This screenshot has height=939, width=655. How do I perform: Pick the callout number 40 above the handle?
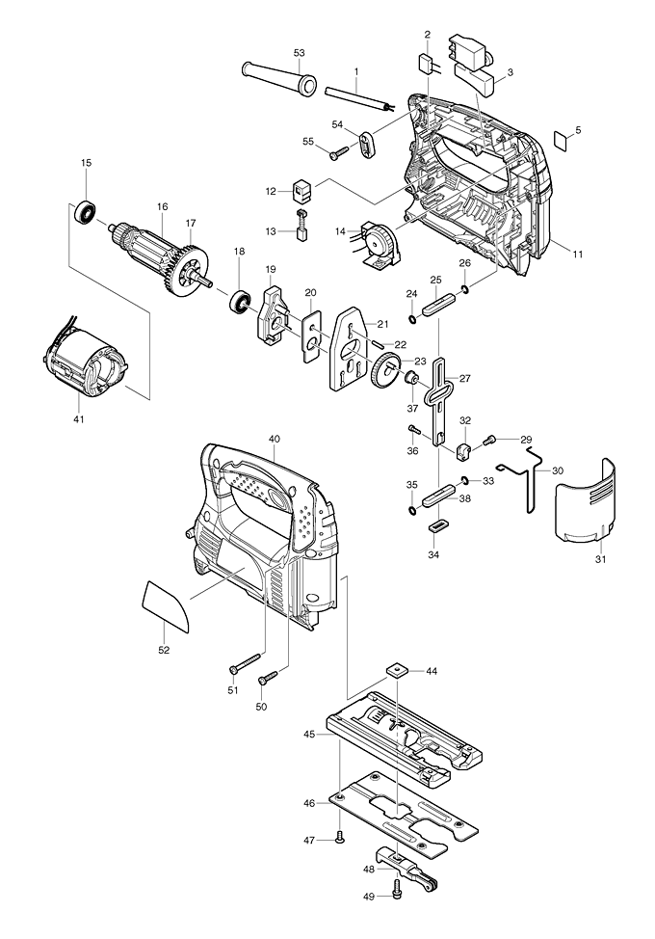tap(275, 440)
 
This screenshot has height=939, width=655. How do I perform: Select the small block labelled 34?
tap(439, 526)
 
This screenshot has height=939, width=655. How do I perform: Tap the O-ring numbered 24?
tap(412, 320)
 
